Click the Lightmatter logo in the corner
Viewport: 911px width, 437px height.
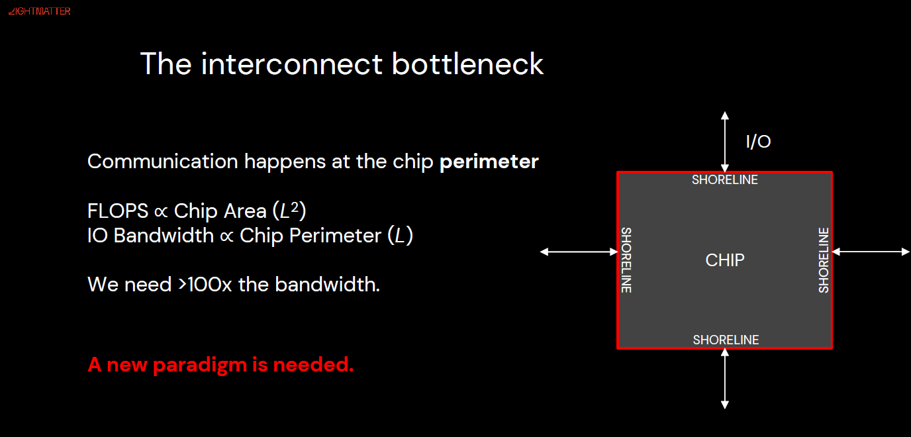(x=39, y=11)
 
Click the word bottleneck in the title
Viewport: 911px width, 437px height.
(x=467, y=64)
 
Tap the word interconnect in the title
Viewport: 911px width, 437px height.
(x=292, y=64)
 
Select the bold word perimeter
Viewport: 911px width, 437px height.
(x=489, y=162)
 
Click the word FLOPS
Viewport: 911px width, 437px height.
(x=118, y=211)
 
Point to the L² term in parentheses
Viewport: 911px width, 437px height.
(x=289, y=211)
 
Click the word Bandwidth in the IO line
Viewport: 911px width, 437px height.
(x=164, y=236)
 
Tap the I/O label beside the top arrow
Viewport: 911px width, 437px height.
(x=758, y=142)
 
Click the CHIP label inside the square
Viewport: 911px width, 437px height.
(x=725, y=260)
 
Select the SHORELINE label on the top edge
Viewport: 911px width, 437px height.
(x=725, y=179)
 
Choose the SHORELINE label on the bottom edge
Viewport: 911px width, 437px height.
(x=726, y=340)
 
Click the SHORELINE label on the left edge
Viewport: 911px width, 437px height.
(x=626, y=260)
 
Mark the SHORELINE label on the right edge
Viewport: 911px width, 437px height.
(x=824, y=260)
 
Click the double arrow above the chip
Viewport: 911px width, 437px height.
(x=725, y=142)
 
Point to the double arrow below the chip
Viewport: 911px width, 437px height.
(x=725, y=378)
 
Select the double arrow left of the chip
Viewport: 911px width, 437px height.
(x=579, y=252)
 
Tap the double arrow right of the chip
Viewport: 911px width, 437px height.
(x=871, y=252)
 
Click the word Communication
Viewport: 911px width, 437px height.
(x=162, y=162)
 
